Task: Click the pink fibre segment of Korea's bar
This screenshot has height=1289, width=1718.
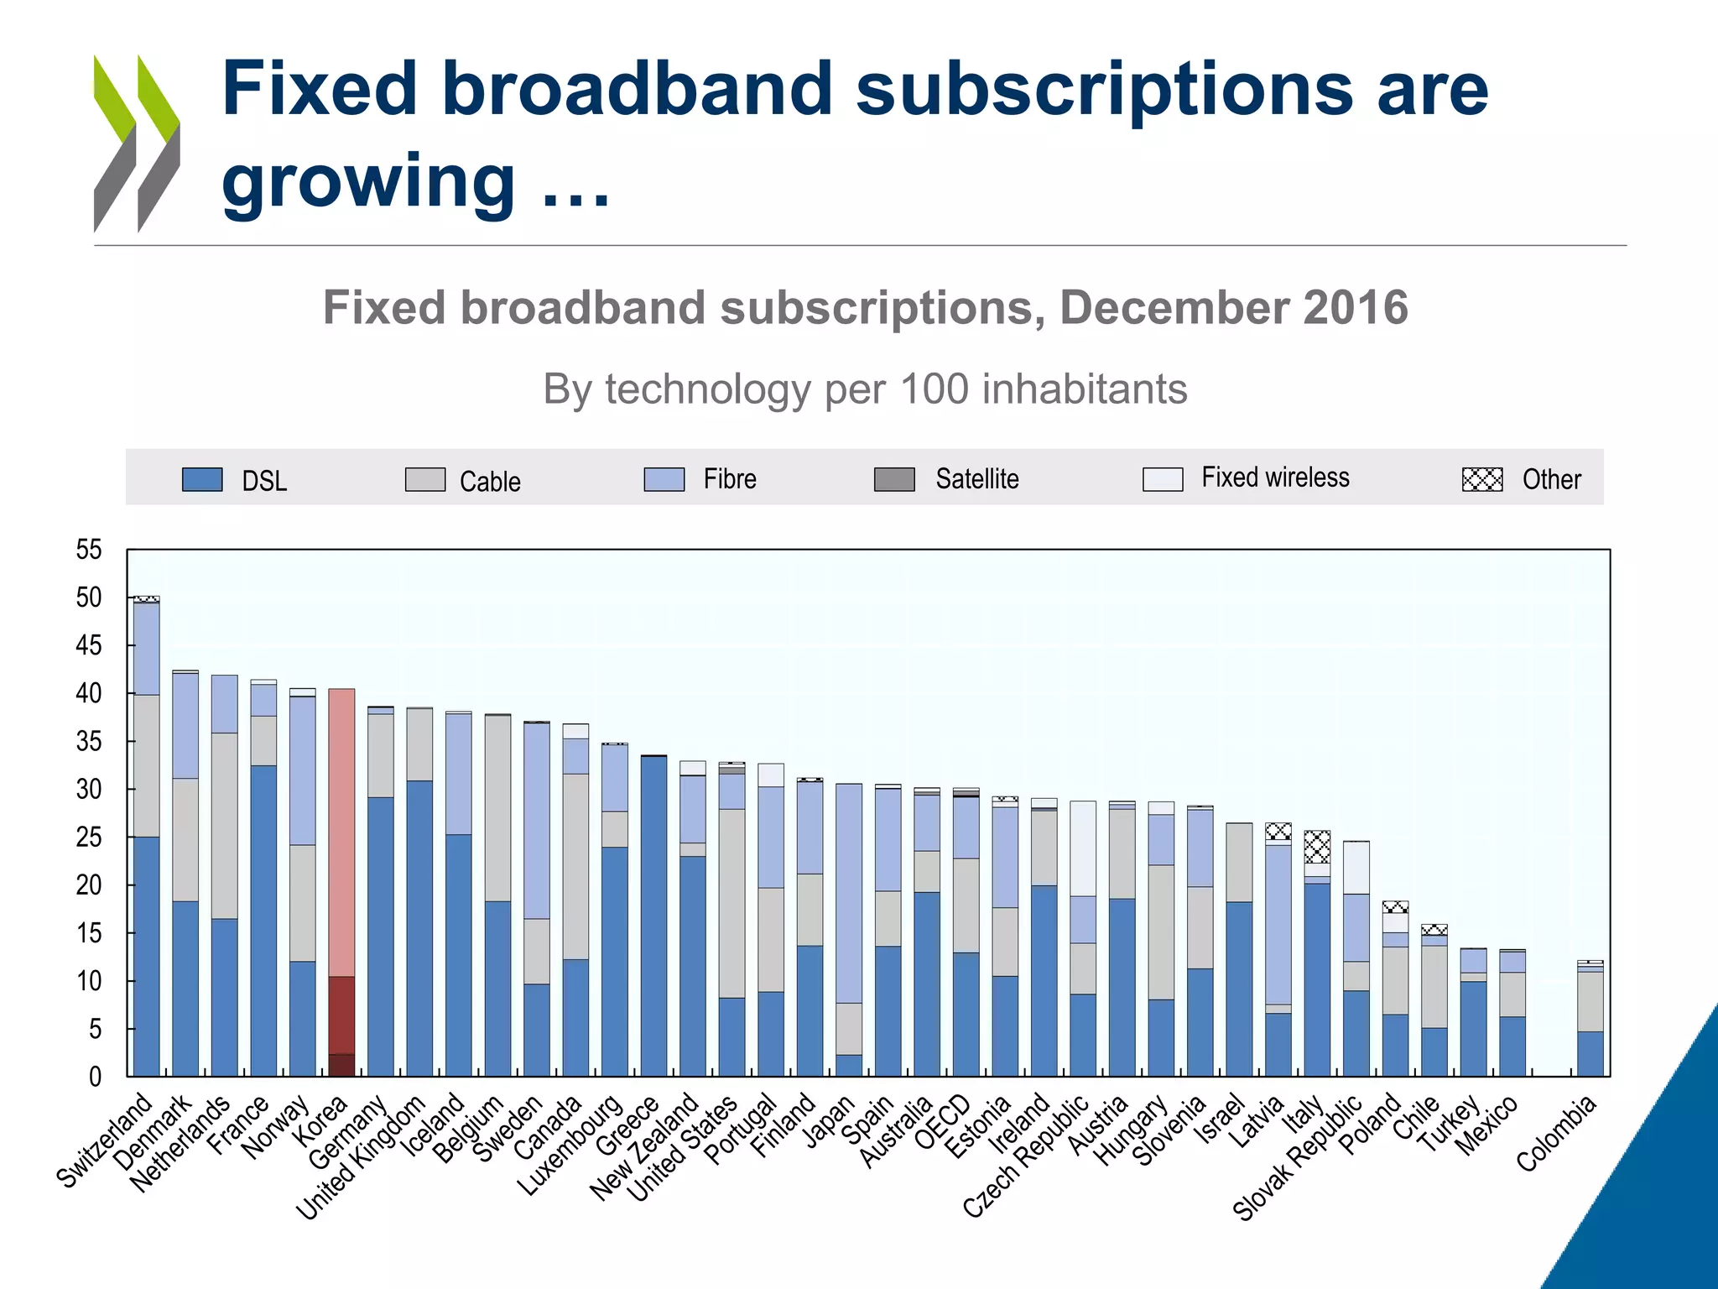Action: click(x=341, y=831)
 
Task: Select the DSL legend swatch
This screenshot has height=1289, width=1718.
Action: click(x=202, y=479)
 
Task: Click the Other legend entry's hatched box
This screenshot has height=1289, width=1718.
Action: click(x=1481, y=479)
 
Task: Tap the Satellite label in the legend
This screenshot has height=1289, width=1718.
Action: click(x=976, y=479)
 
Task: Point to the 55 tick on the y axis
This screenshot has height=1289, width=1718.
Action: click(x=88, y=551)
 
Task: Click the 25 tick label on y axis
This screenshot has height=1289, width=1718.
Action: click(x=88, y=838)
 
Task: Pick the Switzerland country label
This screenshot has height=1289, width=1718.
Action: click(x=105, y=1141)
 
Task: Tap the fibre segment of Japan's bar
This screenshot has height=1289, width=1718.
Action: click(x=849, y=893)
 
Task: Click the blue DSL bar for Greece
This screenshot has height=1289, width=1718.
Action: click(x=653, y=915)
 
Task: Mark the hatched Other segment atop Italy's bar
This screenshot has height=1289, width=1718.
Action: click(x=1317, y=846)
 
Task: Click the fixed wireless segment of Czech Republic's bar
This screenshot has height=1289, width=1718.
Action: click(x=1083, y=848)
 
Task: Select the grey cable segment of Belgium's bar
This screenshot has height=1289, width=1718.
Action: click(x=497, y=807)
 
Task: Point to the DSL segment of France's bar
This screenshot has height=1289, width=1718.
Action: click(x=263, y=920)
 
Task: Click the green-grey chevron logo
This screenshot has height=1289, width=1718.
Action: click(x=137, y=143)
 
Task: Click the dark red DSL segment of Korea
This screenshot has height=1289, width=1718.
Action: click(x=341, y=1015)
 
